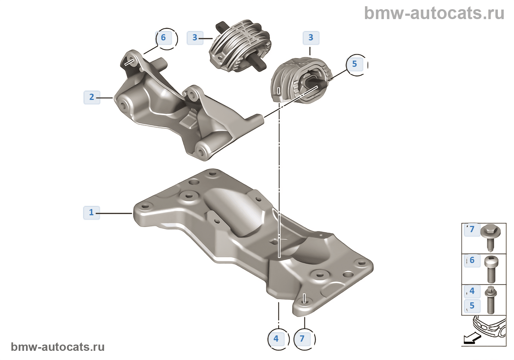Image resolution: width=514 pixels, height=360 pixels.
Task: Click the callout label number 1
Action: [91, 213]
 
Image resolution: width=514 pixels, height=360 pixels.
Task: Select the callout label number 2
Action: [92, 97]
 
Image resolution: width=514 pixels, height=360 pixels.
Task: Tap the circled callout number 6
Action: [164, 38]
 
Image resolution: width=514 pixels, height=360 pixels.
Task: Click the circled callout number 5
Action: [355, 64]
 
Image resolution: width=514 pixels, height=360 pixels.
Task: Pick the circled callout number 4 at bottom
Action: [276, 339]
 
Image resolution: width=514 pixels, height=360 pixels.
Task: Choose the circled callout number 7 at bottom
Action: [302, 339]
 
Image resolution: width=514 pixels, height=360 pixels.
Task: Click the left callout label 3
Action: [195, 38]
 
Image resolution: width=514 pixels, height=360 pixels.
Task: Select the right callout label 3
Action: [311, 38]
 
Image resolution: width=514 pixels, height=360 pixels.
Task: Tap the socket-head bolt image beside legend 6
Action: [491, 269]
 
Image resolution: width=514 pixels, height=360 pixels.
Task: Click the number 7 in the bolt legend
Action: [472, 230]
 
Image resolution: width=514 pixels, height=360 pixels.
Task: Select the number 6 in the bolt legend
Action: [472, 260]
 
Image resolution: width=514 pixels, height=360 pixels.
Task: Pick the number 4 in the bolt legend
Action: [472, 291]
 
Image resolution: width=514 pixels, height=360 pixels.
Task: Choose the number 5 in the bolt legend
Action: [472, 306]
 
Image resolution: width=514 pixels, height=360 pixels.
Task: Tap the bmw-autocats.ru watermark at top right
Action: [434, 14]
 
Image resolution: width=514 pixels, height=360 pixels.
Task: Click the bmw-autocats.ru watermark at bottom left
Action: [58, 347]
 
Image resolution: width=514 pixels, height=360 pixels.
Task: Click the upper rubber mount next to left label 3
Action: [240, 46]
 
